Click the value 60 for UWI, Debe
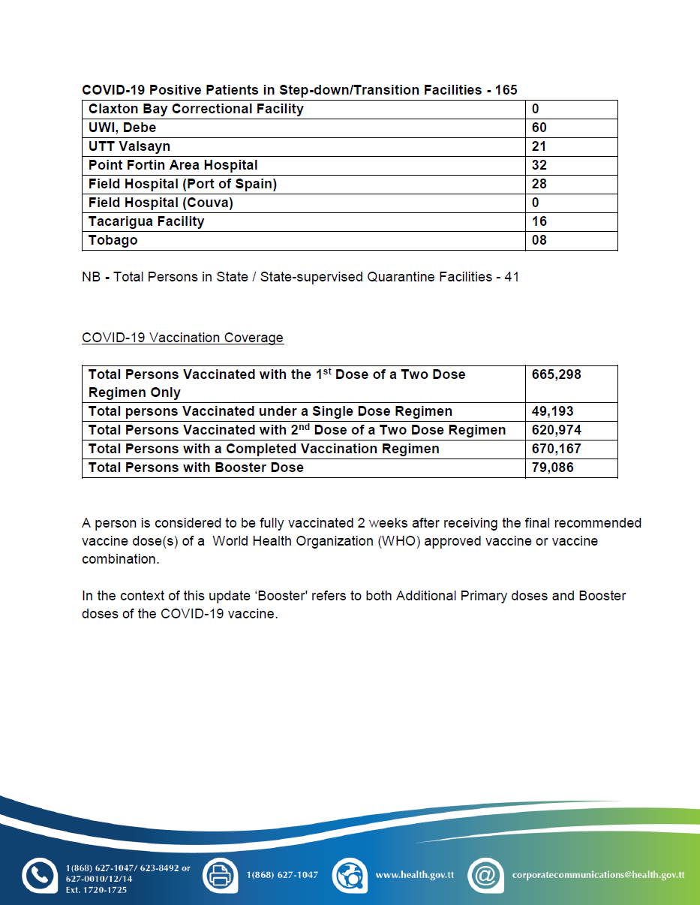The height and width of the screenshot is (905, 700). coord(539,128)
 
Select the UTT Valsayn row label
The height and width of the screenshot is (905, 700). coord(129,146)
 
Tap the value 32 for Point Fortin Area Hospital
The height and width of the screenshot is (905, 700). coord(539,165)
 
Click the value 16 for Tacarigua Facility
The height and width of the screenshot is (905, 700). coord(539,221)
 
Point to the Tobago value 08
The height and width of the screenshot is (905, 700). coord(539,240)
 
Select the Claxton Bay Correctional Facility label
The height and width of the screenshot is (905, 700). coord(196,109)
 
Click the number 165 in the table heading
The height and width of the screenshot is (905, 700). coord(506,90)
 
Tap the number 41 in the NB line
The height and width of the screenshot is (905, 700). coord(512,277)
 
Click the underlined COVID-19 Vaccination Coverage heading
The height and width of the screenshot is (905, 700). coord(182,338)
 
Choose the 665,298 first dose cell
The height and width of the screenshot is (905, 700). coord(556,374)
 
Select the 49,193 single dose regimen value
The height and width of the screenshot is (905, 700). coord(552,411)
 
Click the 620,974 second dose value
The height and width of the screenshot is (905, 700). coord(556,430)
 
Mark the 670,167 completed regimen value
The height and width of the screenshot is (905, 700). coord(556,449)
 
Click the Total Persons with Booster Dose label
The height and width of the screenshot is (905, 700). coord(196,468)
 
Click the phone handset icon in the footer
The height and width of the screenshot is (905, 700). coord(40,876)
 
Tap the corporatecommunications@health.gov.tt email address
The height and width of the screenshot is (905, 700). coord(598,875)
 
